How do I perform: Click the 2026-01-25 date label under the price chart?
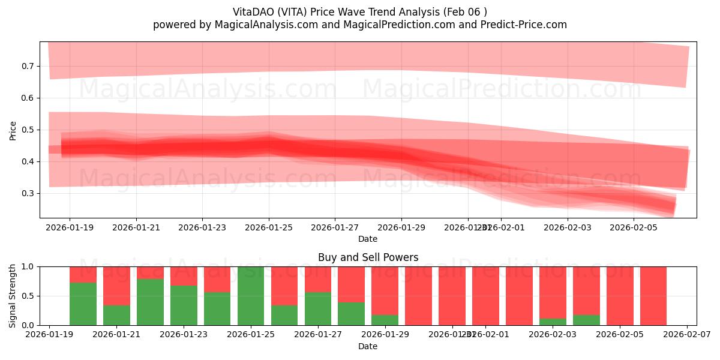pyautogui.click(x=268, y=227)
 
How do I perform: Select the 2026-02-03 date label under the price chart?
pyautogui.click(x=568, y=227)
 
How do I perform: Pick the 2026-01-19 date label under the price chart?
pyautogui.click(x=70, y=227)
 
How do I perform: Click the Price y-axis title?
pyautogui.click(x=13, y=130)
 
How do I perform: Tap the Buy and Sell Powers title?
pyautogui.click(x=368, y=257)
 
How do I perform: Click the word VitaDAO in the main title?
pyautogui.click(x=253, y=12)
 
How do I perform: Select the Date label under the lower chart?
pyautogui.click(x=368, y=346)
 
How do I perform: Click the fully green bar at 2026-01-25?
pyautogui.click(x=251, y=296)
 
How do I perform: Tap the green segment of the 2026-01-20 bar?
pyautogui.click(x=83, y=304)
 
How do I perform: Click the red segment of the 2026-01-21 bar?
pyautogui.click(x=116, y=286)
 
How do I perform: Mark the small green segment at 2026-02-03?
pyautogui.click(x=553, y=322)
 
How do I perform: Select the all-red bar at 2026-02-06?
pyautogui.click(x=653, y=296)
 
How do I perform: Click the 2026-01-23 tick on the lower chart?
pyautogui.click(x=184, y=335)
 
